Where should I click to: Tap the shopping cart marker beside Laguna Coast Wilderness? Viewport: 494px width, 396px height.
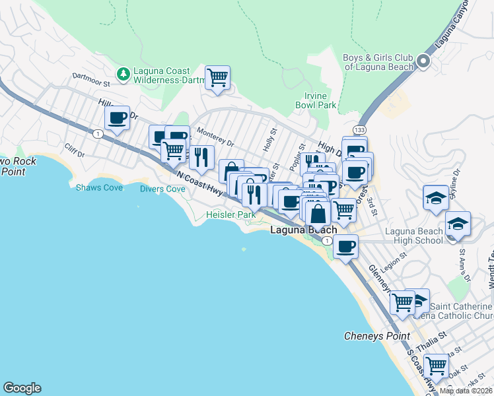217,77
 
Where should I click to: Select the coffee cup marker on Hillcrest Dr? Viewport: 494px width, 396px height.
117,118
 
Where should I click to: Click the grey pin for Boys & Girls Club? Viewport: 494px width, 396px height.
423,63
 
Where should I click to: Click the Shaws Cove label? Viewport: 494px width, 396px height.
99,188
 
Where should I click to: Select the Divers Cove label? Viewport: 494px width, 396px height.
162,189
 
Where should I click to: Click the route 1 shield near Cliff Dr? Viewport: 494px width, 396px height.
98,134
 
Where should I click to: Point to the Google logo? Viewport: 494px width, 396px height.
22,388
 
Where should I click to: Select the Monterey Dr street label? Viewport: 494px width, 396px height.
216,137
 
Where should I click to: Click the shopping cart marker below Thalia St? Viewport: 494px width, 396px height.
436,364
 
